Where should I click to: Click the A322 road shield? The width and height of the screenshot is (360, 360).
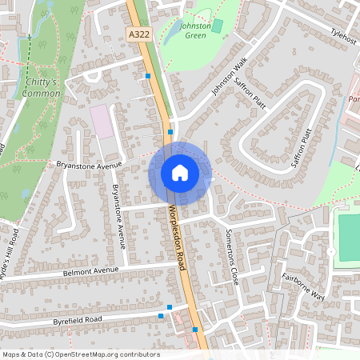pyautogui.click(x=139, y=34)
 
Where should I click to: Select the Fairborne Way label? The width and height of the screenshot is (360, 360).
pyautogui.click(x=303, y=286)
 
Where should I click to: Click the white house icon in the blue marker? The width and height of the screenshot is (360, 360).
pyautogui.click(x=180, y=173)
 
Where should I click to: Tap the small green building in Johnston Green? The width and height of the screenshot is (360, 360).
pyautogui.click(x=217, y=26)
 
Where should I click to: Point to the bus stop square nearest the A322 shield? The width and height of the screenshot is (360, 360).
pyautogui.click(x=148, y=76)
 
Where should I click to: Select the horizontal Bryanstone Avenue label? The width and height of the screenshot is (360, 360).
pyautogui.click(x=87, y=165)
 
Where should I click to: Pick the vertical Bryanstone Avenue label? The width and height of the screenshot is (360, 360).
pyautogui.click(x=119, y=216)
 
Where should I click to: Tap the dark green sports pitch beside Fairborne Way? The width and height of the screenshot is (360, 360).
pyautogui.click(x=349, y=236)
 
